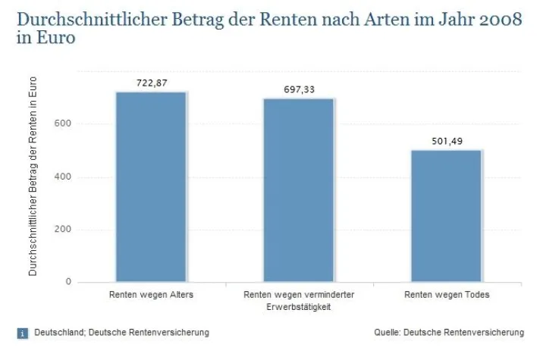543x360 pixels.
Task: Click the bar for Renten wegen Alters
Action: pyautogui.click(x=151, y=186)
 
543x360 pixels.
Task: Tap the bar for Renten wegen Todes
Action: pyautogui.click(x=447, y=216)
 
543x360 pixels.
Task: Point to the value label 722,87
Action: pyautogui.click(x=151, y=83)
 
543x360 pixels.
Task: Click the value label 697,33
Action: pyautogui.click(x=299, y=89)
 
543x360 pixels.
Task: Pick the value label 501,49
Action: pyautogui.click(x=447, y=141)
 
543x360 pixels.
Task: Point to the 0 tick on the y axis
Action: pyautogui.click(x=68, y=282)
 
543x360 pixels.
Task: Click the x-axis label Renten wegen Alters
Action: pyautogui.click(x=151, y=295)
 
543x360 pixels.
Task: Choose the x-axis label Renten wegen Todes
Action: pyautogui.click(x=447, y=295)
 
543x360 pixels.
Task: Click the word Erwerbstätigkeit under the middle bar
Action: pyautogui.click(x=299, y=306)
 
